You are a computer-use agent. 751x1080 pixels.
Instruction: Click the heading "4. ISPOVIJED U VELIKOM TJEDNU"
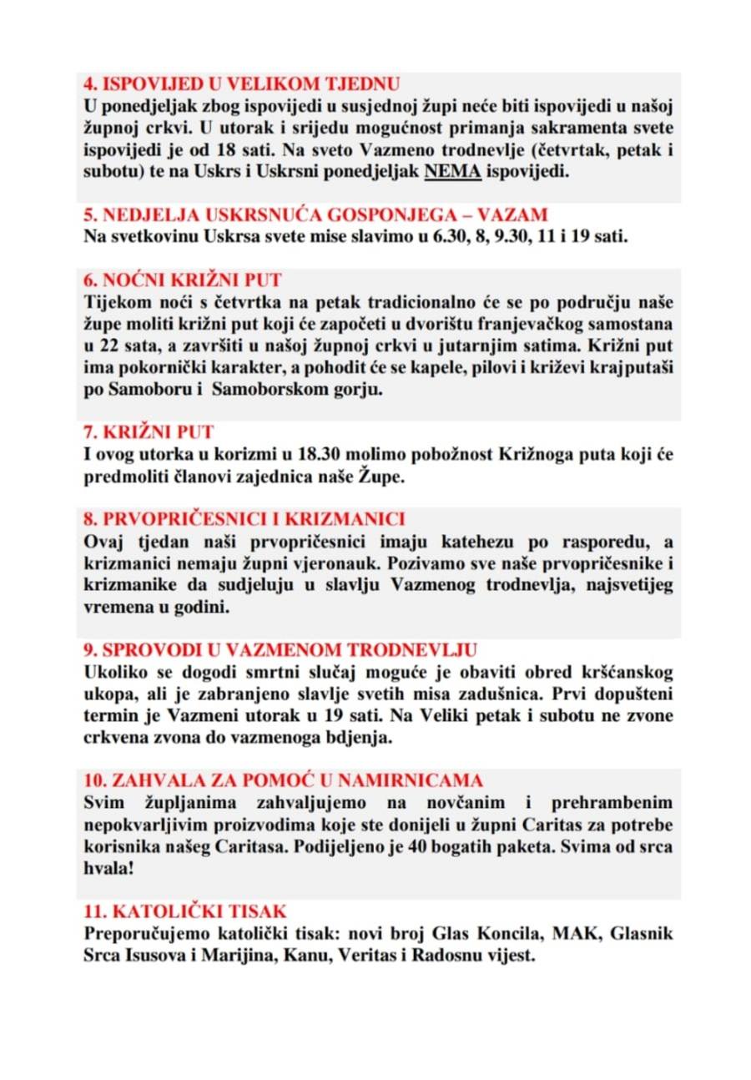[241, 83]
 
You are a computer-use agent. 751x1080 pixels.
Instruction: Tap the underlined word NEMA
[450, 173]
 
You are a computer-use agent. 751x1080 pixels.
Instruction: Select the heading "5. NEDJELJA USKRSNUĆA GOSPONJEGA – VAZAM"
[315, 214]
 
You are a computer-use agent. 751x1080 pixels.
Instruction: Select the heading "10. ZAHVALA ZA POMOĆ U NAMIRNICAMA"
[284, 780]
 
